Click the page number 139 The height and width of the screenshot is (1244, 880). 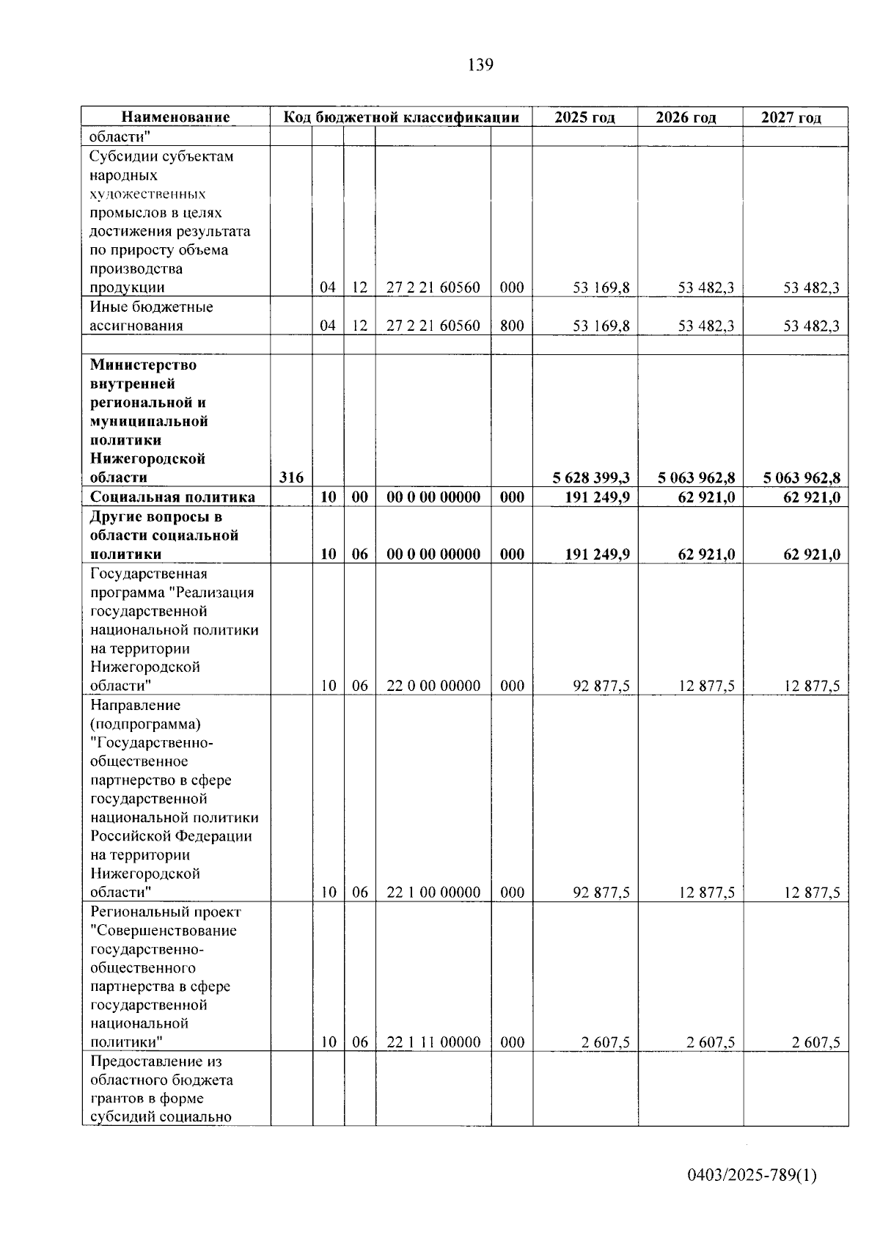pyautogui.click(x=480, y=65)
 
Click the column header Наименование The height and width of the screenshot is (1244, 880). pyautogui.click(x=175, y=117)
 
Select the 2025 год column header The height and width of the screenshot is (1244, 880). pyautogui.click(x=584, y=117)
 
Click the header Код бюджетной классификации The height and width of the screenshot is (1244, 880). pyautogui.click(x=401, y=117)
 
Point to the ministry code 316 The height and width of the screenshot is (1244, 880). pyautogui.click(x=291, y=478)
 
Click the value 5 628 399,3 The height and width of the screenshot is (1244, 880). pyautogui.click(x=591, y=478)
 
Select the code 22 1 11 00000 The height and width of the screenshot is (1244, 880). pyautogui.click(x=433, y=1042)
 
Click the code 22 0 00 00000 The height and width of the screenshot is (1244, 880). pyautogui.click(x=433, y=686)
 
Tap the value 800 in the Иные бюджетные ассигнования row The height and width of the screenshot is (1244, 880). pyautogui.click(x=512, y=326)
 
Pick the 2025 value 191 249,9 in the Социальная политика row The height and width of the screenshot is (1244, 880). pyautogui.click(x=597, y=497)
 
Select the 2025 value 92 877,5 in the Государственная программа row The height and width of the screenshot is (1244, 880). pyautogui.click(x=601, y=686)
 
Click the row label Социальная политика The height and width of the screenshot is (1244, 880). pyautogui.click(x=172, y=497)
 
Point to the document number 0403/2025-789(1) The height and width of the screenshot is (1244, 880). pyautogui.click(x=751, y=1176)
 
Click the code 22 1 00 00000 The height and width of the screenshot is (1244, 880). pyautogui.click(x=433, y=893)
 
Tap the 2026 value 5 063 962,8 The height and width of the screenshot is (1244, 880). pyautogui.click(x=697, y=478)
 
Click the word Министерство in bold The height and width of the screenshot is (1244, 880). pyautogui.click(x=143, y=365)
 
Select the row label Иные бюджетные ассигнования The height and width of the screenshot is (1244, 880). pyautogui.click(x=151, y=316)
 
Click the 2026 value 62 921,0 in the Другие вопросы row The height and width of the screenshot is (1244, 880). pyautogui.click(x=706, y=555)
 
